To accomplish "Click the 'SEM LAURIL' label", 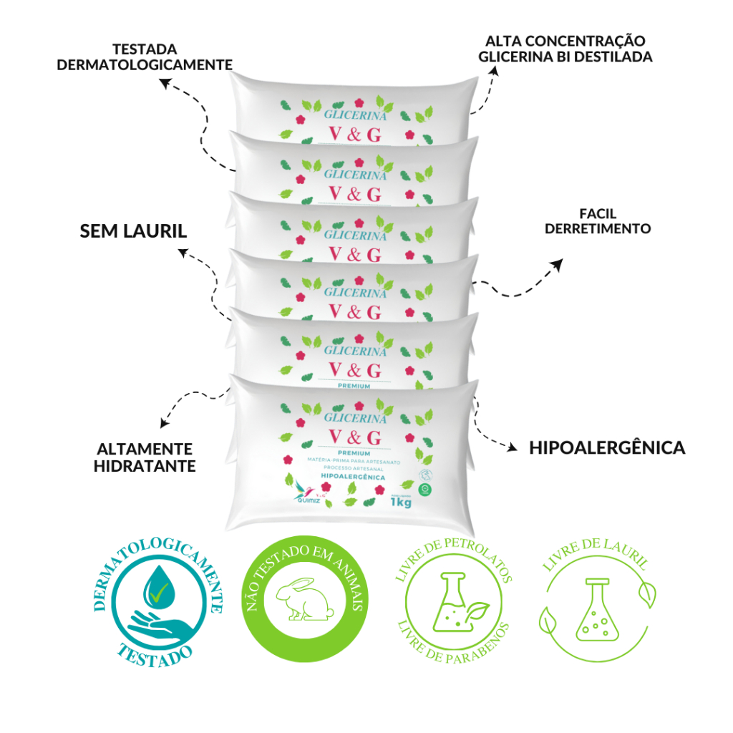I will click(132, 231).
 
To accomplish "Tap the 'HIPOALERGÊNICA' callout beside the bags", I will click(607, 448).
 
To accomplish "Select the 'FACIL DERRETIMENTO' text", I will click(598, 221).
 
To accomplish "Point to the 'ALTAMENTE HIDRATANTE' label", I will click(146, 457).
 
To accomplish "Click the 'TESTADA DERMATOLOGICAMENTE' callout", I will click(145, 57).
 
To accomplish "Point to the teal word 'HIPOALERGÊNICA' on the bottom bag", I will click(354, 477).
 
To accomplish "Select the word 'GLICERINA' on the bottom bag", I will click(355, 417).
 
